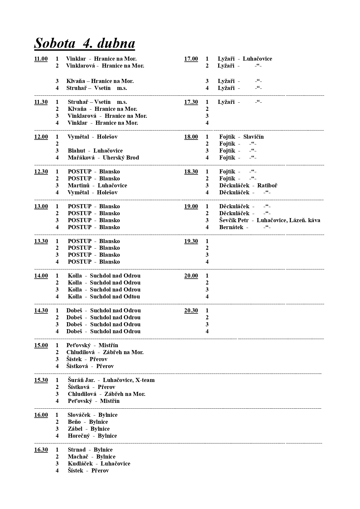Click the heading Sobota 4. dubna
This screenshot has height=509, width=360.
[84, 43]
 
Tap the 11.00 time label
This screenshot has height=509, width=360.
[41, 59]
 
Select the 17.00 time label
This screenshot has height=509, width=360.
[191, 59]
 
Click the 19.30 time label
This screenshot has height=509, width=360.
[191, 241]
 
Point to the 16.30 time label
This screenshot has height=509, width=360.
[41, 450]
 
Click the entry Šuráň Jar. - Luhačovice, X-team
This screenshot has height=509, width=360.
[111, 380]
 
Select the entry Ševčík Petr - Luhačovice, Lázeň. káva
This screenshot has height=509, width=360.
[269, 220]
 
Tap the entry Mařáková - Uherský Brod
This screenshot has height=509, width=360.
[103, 158]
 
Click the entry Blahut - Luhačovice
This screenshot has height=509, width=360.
[95, 151]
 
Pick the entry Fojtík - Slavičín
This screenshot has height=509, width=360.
[241, 137]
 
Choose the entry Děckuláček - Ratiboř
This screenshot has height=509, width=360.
[248, 186]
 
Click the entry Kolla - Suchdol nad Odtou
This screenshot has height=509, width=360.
[104, 297]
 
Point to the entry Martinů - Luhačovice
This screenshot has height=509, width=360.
[97, 186]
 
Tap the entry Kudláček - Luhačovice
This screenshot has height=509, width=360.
[99, 464]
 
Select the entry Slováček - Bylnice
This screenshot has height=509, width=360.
[92, 415]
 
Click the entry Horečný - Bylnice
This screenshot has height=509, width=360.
[92, 436]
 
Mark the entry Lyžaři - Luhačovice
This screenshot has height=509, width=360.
[245, 59]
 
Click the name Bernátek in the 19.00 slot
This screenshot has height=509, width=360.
[231, 227]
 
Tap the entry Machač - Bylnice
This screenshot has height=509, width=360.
[91, 457]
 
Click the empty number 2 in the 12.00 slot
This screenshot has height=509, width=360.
[57, 144]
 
